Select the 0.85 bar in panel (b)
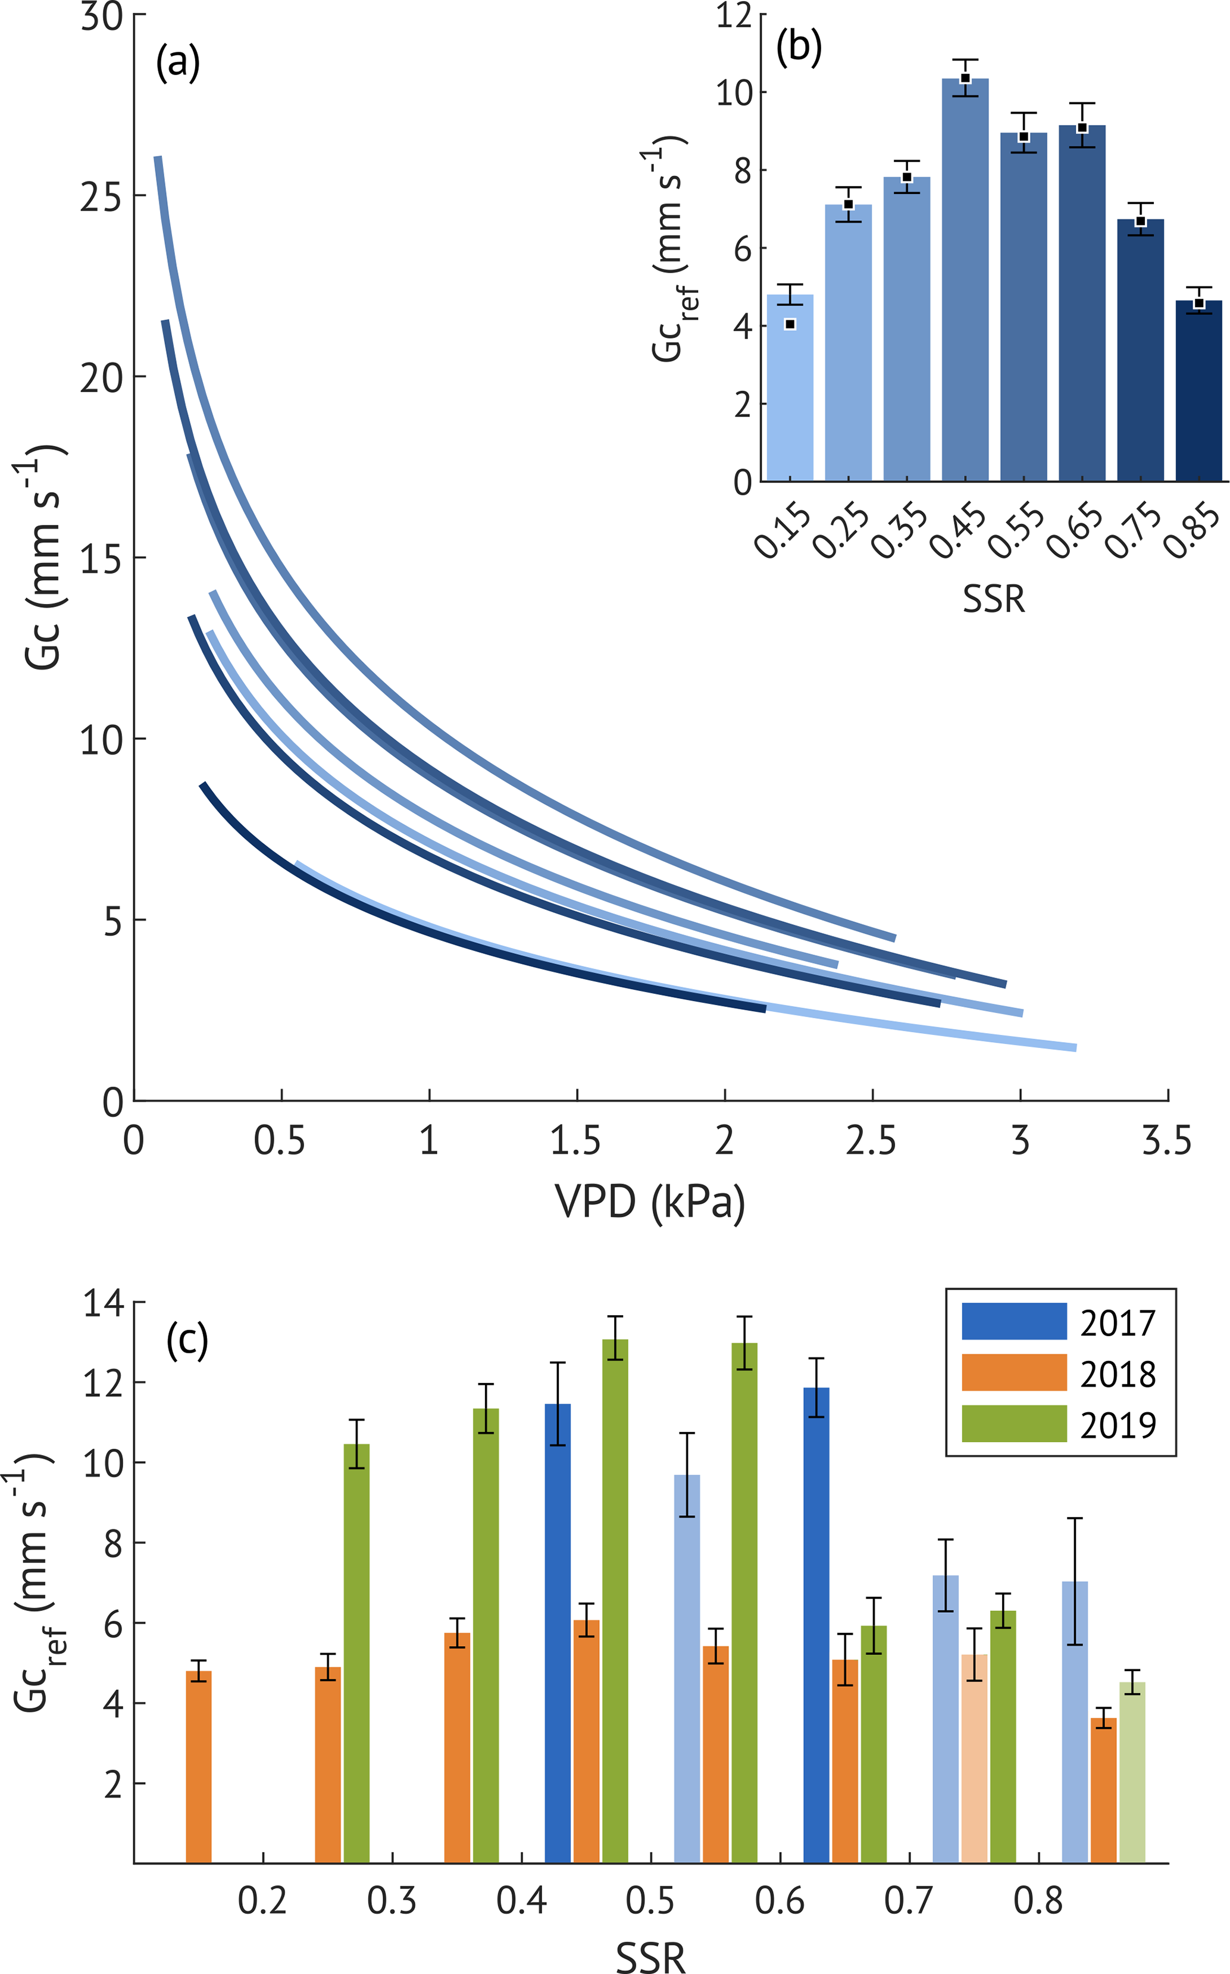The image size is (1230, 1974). [x=1198, y=390]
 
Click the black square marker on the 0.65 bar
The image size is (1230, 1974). [x=1082, y=128]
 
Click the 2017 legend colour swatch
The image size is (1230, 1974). [x=1013, y=1321]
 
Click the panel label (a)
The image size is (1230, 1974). [x=178, y=64]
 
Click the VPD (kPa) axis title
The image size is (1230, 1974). [x=649, y=1202]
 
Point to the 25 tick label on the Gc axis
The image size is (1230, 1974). [x=102, y=196]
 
